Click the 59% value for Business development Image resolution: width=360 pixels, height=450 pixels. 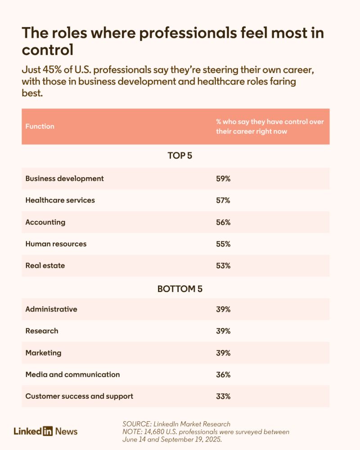(x=223, y=179)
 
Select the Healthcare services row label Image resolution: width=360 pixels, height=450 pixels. (x=60, y=200)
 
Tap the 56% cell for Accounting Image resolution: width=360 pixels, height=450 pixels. (x=223, y=222)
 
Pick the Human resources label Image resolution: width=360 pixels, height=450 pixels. (x=56, y=244)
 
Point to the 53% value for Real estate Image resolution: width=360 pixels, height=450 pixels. (x=223, y=265)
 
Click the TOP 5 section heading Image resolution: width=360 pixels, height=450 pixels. (x=180, y=156)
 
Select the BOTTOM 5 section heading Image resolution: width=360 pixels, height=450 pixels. (x=180, y=289)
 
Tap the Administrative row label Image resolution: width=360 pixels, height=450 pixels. (x=51, y=309)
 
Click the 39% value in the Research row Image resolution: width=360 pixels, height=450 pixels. (x=223, y=331)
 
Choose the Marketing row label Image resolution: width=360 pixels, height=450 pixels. (x=43, y=353)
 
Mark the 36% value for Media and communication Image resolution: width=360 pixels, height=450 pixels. (x=223, y=374)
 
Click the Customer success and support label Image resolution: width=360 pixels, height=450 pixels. (x=79, y=396)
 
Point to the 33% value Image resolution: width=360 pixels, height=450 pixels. (x=223, y=396)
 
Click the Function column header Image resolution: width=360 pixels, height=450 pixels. (x=40, y=126)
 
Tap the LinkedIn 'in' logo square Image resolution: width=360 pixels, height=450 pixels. (x=48, y=432)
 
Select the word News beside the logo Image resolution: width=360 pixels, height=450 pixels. (x=67, y=432)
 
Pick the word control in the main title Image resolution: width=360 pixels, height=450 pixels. (x=47, y=50)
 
